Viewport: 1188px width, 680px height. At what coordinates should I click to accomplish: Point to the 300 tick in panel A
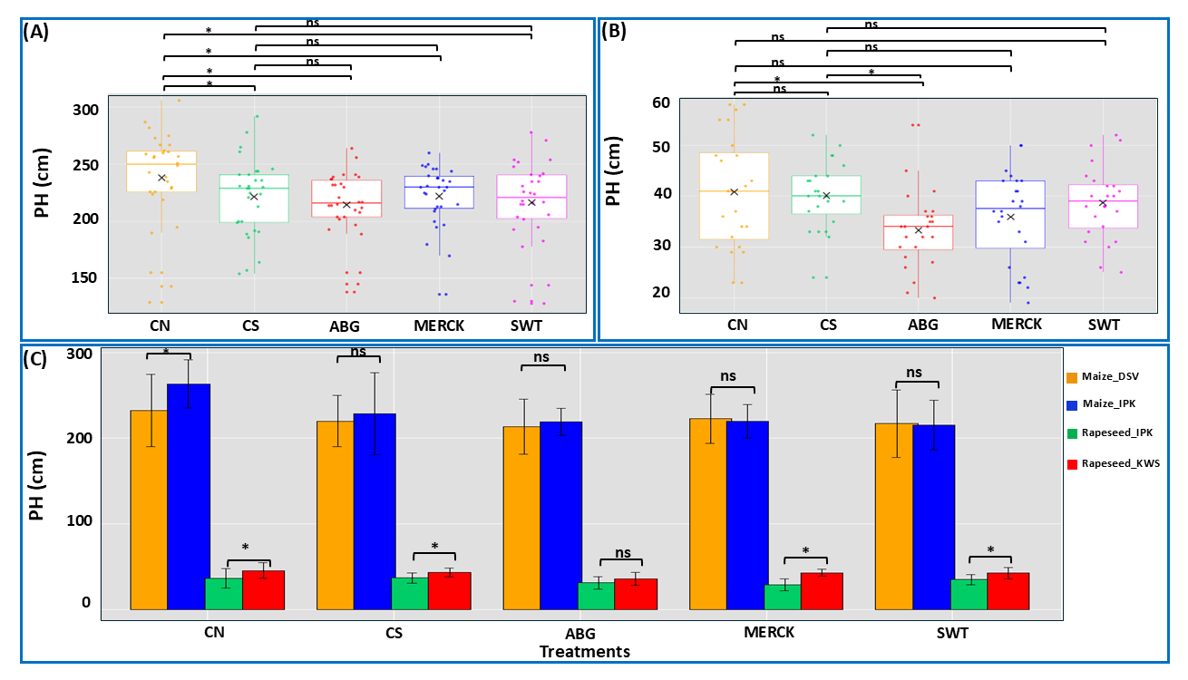85,110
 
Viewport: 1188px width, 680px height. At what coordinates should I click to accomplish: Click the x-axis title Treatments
584,651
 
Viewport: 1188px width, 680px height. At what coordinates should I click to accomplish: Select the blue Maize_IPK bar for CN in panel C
189,496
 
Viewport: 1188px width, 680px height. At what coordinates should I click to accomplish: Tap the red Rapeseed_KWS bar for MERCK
821,590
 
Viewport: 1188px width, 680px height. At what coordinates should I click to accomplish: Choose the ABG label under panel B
920,324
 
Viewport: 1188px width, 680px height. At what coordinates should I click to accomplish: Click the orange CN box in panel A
161,171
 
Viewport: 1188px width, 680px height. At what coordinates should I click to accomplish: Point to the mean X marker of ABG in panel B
919,230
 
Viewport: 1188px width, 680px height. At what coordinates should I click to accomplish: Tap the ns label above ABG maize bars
542,358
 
